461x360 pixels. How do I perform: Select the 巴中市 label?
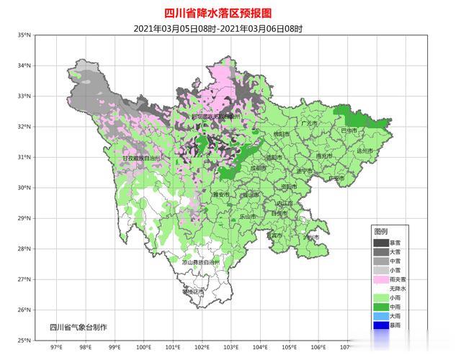point(350,130)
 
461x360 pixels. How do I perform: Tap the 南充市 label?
point(325,156)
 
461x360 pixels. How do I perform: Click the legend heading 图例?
point(380,232)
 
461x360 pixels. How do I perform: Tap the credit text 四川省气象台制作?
point(79,327)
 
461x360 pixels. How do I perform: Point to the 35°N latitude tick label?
point(24,35)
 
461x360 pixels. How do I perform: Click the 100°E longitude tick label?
point(143,347)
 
